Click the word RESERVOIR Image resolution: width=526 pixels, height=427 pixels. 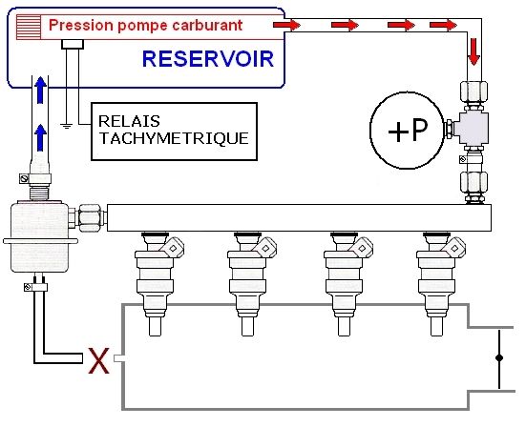click(208, 59)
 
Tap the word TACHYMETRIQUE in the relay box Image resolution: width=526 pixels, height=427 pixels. click(174, 138)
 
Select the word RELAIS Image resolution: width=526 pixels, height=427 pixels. click(129, 121)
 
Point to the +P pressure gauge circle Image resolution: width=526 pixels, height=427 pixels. click(407, 130)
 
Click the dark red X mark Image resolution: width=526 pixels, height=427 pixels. click(98, 360)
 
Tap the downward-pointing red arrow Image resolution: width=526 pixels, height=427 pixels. click(474, 51)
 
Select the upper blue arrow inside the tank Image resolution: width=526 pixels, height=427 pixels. click(40, 90)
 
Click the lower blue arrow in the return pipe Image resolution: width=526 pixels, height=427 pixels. click(40, 137)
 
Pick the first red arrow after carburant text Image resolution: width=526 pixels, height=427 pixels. click(286, 25)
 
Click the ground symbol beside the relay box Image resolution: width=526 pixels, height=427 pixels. click(67, 126)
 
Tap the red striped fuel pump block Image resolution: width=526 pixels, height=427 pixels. click(29, 27)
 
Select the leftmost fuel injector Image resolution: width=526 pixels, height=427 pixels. click(157, 284)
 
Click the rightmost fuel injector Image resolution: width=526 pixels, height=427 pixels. click(438, 284)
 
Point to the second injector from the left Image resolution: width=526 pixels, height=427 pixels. click(249, 284)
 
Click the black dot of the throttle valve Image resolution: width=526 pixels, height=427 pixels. click(499, 358)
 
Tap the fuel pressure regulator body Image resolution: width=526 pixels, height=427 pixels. click(39, 236)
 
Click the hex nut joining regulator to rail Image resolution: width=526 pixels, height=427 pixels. click(91, 218)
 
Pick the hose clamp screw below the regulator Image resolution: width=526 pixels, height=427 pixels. click(29, 287)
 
